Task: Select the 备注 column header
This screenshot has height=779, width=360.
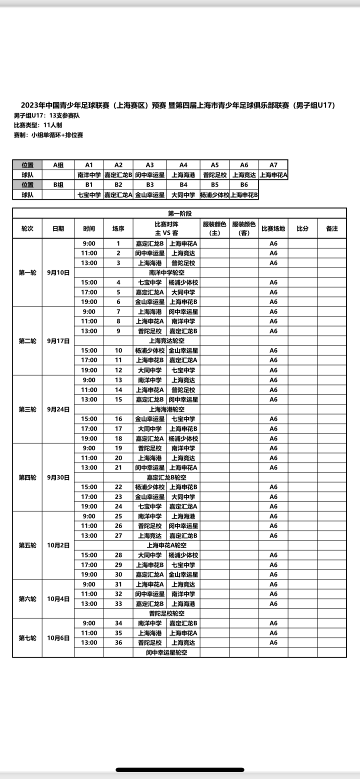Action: click(331, 228)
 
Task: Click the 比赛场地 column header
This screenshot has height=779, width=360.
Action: click(273, 228)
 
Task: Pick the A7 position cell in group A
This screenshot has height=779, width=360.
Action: click(273, 165)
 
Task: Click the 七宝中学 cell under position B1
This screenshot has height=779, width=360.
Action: click(89, 195)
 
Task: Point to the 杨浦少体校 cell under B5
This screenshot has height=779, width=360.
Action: click(214, 195)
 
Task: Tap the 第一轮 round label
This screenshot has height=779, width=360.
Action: click(27, 272)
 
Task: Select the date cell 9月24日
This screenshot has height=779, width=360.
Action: click(58, 409)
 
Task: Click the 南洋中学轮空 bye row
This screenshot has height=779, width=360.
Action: click(166, 272)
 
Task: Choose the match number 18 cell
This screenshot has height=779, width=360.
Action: click(118, 438)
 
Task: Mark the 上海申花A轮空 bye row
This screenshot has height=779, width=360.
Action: click(166, 545)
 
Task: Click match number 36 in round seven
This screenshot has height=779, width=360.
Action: click(118, 643)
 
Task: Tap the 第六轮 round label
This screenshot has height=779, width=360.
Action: click(27, 599)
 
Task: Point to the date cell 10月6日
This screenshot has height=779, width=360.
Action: click(58, 638)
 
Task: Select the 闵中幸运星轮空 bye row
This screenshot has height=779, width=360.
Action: click(166, 652)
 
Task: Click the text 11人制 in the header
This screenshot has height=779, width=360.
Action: click(48, 125)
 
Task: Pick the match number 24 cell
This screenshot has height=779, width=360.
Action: click(118, 506)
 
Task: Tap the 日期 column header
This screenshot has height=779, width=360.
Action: click(58, 228)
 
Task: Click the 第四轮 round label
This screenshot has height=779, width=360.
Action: click(27, 477)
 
